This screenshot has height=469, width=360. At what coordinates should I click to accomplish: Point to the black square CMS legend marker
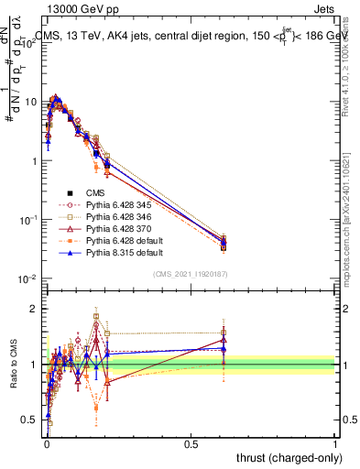point(69,192)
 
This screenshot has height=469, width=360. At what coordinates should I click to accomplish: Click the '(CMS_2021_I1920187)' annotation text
point(191,274)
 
